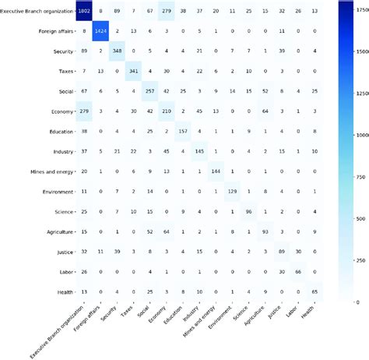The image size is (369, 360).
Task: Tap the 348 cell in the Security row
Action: tap(118, 52)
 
